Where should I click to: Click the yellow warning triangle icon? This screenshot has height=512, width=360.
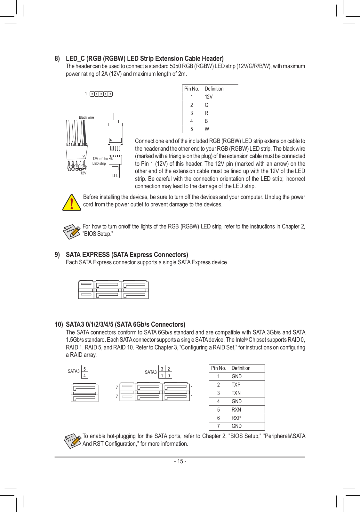coord(72,203)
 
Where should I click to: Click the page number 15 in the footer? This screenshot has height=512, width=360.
coord(180,461)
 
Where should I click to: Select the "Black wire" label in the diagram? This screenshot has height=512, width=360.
coord(86,117)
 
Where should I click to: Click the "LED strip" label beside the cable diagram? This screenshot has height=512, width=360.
coord(99,164)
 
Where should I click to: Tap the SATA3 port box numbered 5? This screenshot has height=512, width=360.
coord(84,369)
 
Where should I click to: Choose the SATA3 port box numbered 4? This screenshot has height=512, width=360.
coord(84,375)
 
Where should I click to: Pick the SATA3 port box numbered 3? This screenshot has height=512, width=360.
coord(162,369)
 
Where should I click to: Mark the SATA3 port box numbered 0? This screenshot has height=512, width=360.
coord(169,375)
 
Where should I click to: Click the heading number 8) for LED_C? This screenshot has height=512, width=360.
coord(57,59)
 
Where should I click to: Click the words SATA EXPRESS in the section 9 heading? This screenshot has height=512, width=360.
coord(88,255)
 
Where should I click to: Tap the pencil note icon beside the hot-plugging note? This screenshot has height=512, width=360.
coord(73,441)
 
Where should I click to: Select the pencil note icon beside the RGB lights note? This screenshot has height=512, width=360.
coord(72,231)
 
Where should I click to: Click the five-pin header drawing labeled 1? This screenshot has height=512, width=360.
coord(101,94)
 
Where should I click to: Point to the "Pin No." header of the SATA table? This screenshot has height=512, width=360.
coord(218,368)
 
